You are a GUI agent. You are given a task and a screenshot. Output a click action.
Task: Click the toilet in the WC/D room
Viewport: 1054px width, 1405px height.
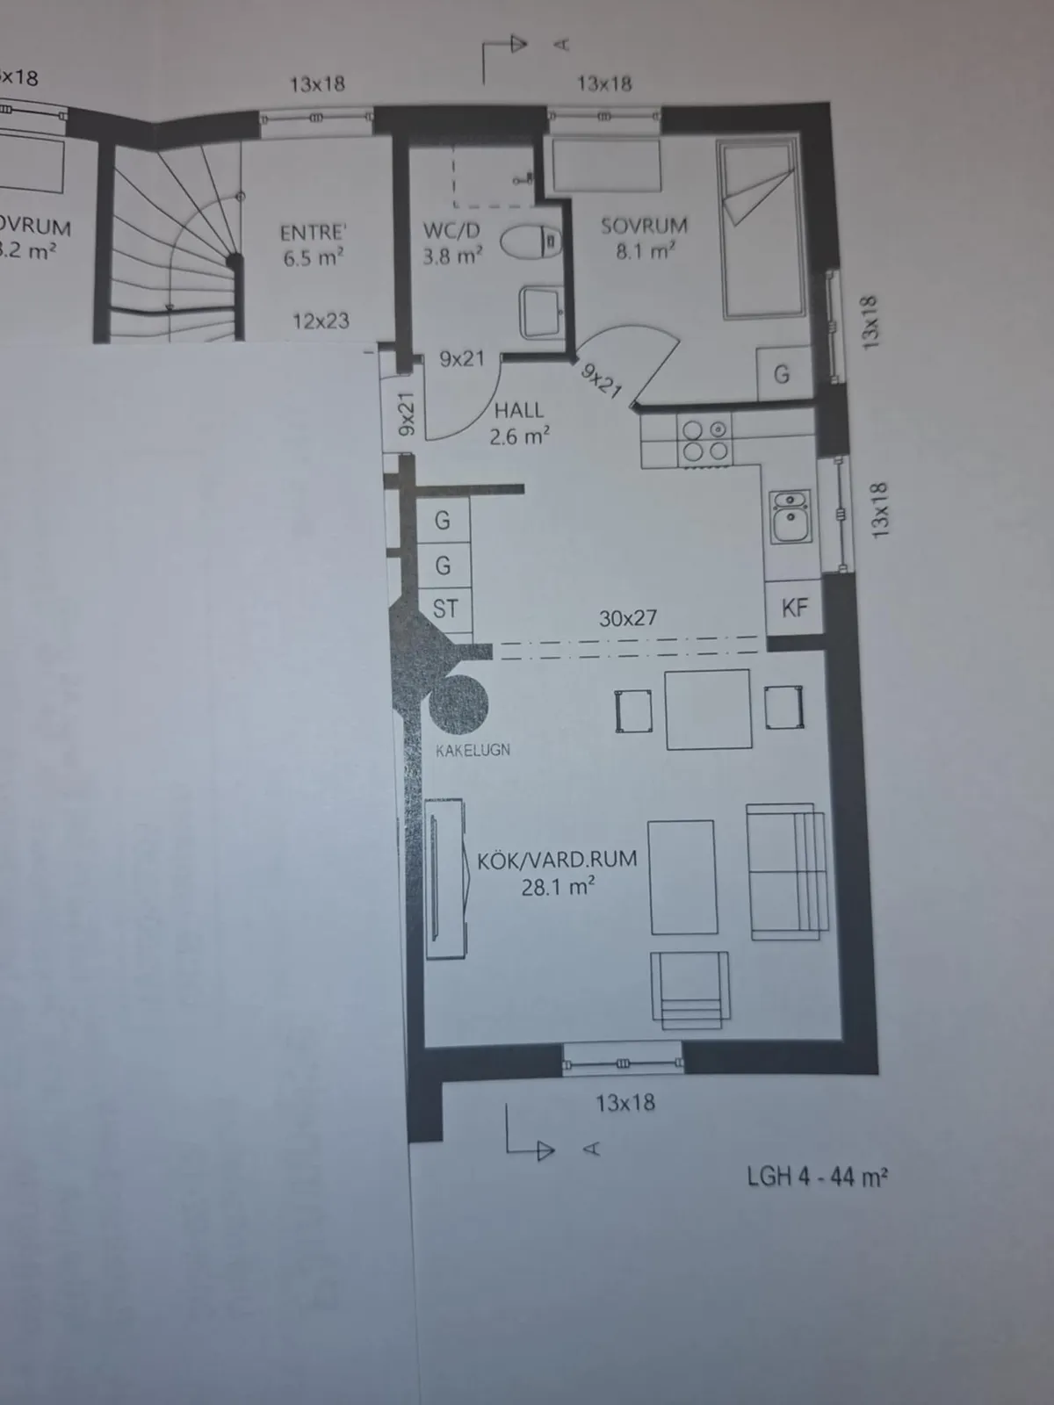[x=531, y=241]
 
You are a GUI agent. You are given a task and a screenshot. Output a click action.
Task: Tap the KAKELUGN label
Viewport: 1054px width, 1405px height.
[x=473, y=750]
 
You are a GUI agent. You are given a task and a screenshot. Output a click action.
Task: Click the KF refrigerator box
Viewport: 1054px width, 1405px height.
[x=794, y=608]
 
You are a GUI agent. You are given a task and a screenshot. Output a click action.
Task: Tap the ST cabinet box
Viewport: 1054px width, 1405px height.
[x=444, y=609]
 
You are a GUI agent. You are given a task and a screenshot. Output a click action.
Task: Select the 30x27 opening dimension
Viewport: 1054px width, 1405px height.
[x=627, y=618]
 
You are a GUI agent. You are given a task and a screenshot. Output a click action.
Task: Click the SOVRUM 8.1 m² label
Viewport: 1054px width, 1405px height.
[x=644, y=238]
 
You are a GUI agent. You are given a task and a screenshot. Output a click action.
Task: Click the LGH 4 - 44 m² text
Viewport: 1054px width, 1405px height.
[x=817, y=1177]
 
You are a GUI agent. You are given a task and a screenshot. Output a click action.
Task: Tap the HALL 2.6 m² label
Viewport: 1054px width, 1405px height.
[x=519, y=422]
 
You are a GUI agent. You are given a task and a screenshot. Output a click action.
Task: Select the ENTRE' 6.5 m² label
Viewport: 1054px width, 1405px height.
[x=313, y=245]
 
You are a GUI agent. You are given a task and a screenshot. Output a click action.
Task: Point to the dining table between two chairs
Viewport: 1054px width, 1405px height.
[x=708, y=710]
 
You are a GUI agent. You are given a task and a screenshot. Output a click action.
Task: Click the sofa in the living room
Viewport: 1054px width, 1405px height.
[x=787, y=871]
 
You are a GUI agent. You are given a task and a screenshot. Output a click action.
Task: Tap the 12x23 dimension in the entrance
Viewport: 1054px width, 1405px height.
[x=321, y=321]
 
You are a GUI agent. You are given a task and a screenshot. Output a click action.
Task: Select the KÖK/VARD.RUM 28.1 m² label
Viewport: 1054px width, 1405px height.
[x=557, y=873]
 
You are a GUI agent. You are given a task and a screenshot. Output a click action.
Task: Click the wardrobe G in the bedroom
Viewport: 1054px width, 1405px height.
[x=781, y=375]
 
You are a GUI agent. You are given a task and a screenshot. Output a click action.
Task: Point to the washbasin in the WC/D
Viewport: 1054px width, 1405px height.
[x=542, y=313]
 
